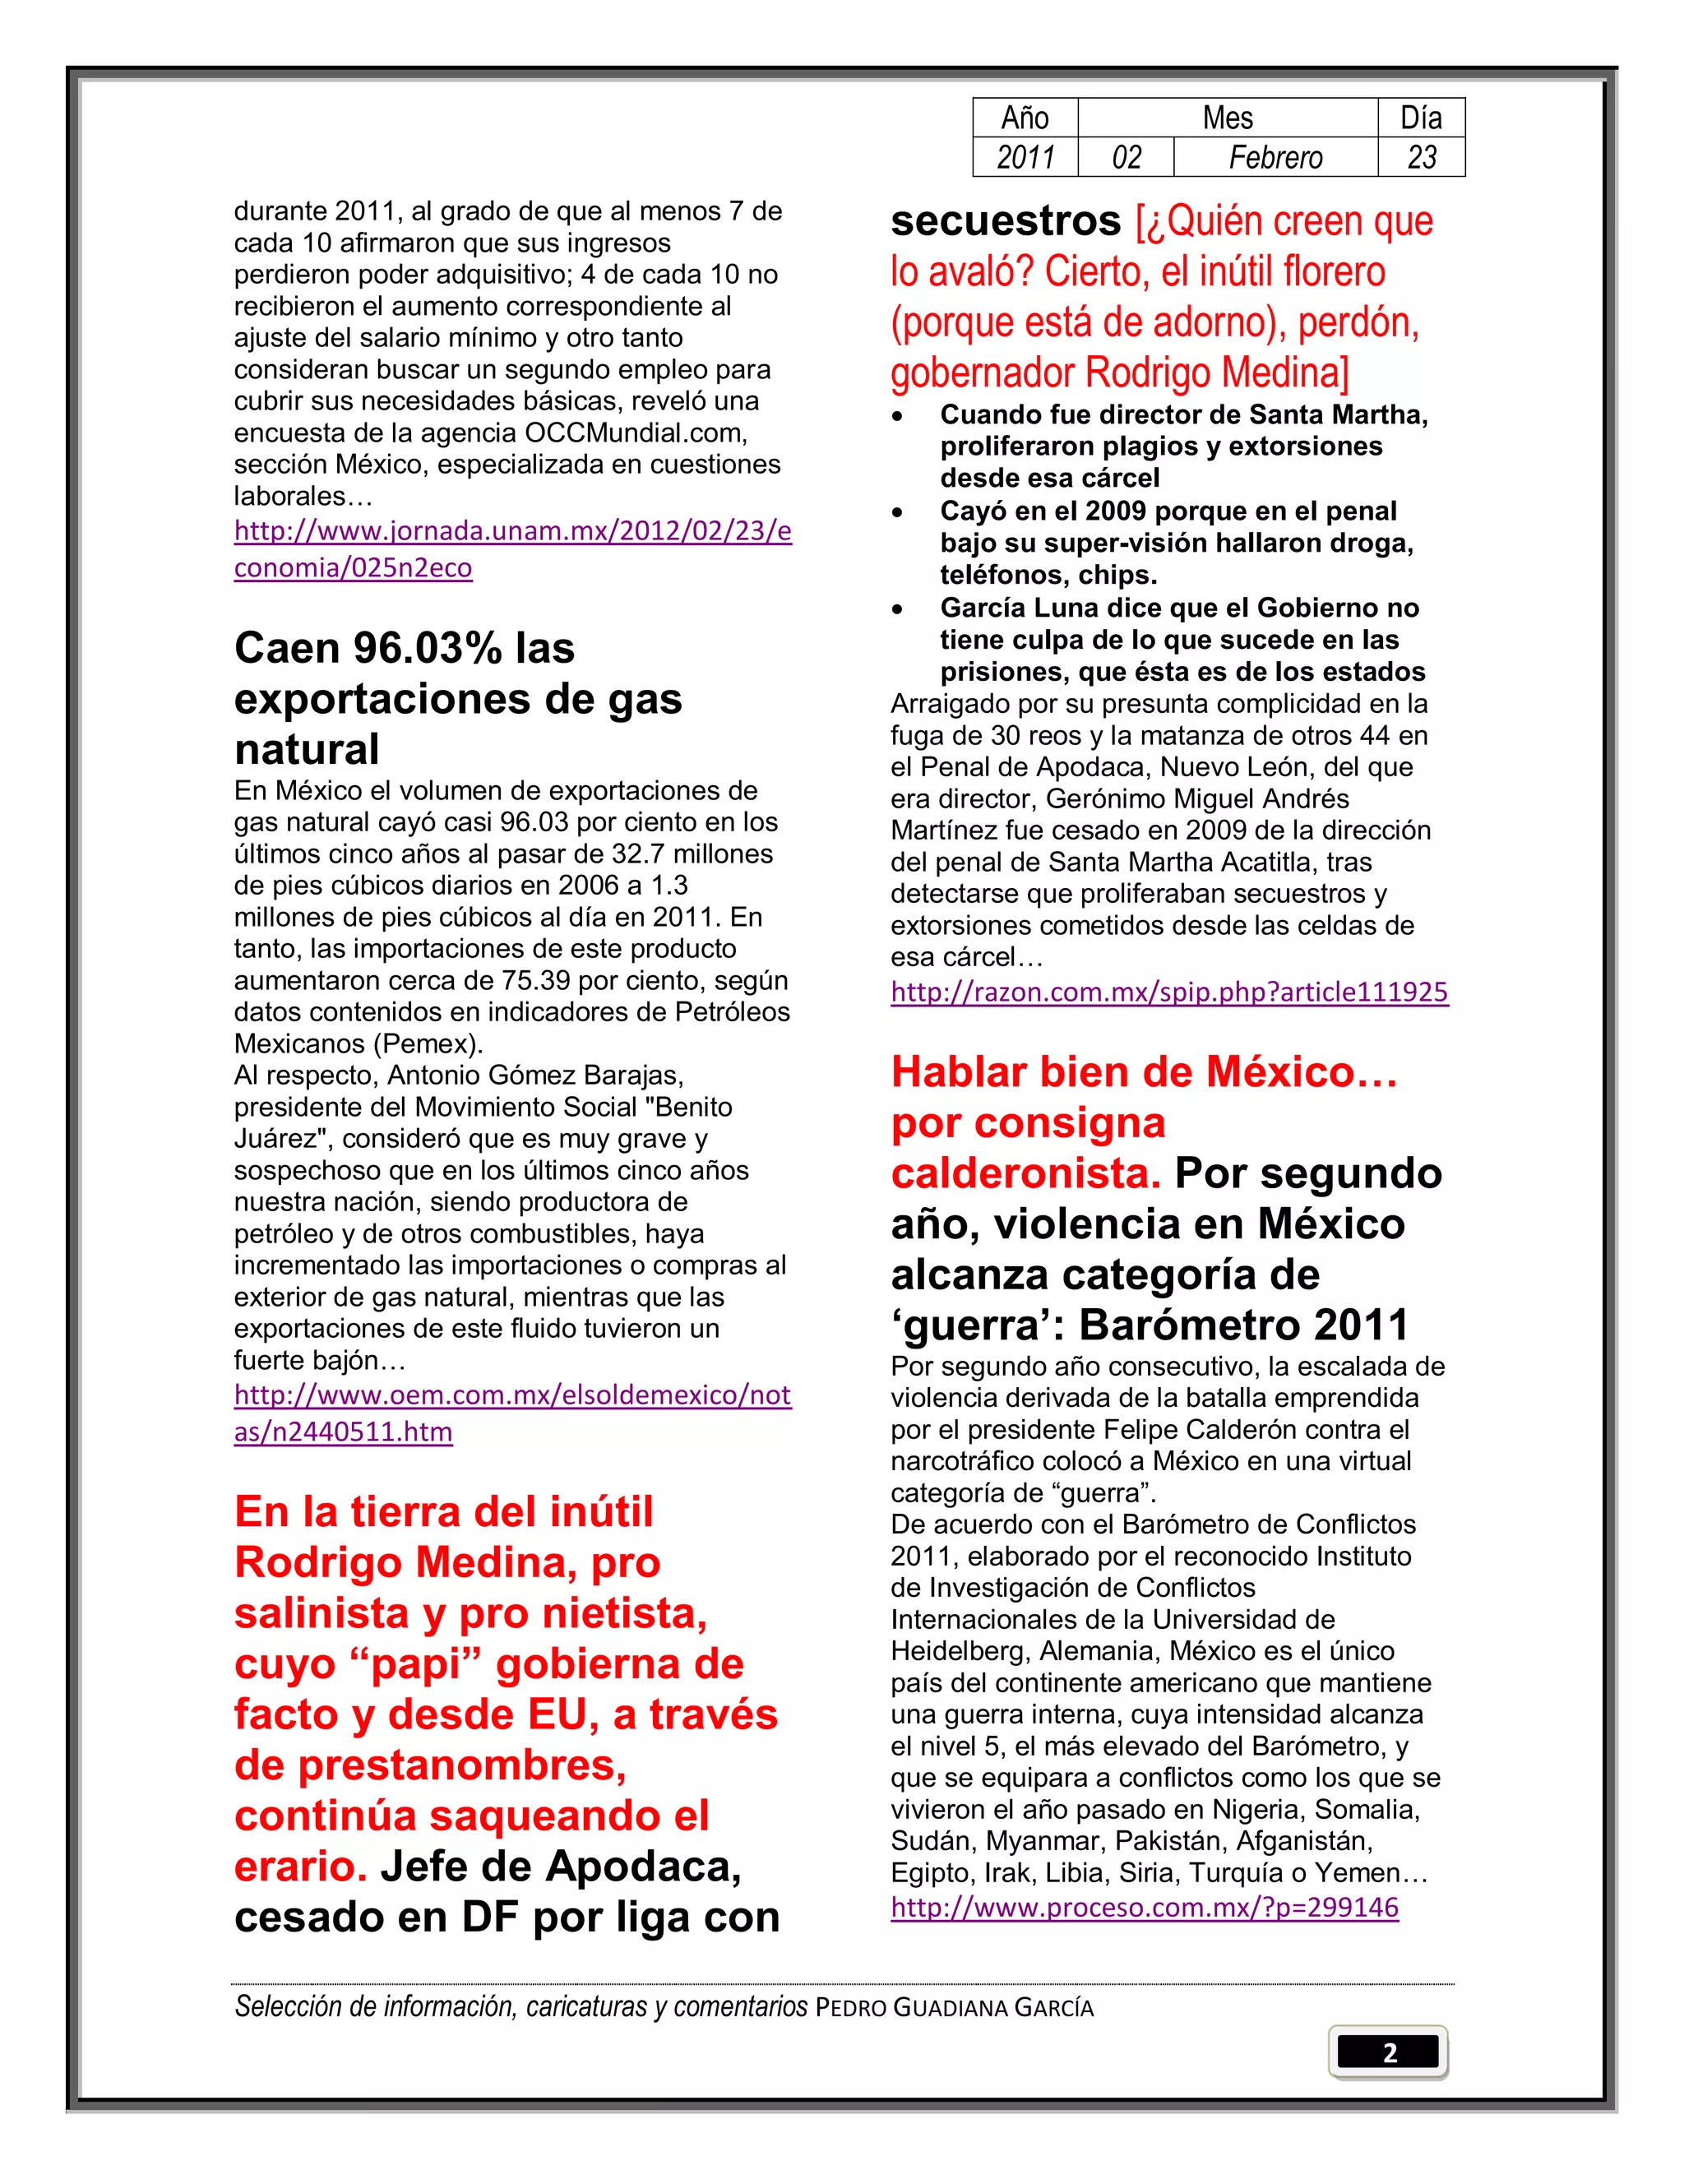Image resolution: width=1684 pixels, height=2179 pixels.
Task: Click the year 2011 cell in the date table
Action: coord(1025,158)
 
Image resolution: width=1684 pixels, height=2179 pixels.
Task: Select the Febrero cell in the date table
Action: coord(1275,158)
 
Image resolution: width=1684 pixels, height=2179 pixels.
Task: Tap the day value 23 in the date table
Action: coord(1422,158)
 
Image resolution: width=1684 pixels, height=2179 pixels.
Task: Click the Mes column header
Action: coord(1227,118)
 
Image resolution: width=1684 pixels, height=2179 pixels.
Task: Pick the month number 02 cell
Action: coord(1127,158)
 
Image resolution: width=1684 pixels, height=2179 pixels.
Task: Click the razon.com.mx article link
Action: coord(1169,992)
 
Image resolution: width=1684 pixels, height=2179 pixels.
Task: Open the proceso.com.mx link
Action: coord(1145,1908)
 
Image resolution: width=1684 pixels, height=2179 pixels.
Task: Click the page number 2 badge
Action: coord(1388,2052)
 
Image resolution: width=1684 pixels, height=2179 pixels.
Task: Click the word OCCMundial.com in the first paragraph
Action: coord(636,433)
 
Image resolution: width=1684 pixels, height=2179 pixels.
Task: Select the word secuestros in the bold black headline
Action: coord(1006,221)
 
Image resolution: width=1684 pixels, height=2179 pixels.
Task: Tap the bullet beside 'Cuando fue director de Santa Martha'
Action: coord(899,416)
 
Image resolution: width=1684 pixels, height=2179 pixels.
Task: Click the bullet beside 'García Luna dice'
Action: coord(899,609)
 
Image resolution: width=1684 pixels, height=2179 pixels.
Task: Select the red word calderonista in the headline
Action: coord(1025,1174)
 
